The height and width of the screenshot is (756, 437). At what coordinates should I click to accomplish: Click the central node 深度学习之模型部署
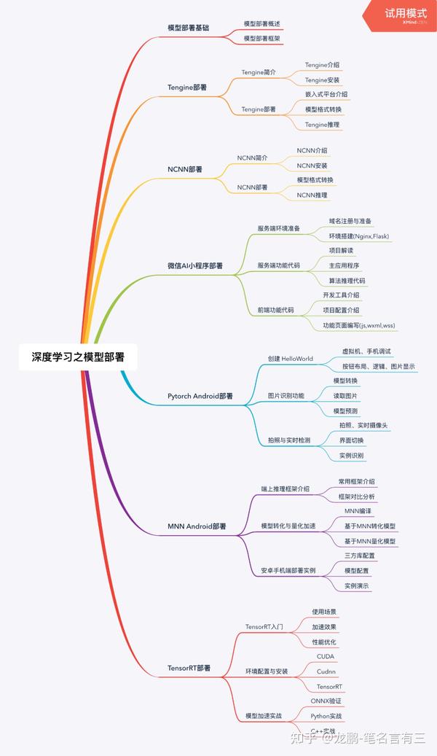[78, 357]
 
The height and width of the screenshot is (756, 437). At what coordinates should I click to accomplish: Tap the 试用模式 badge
[406, 15]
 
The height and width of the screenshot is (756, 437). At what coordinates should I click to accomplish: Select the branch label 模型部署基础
[188, 28]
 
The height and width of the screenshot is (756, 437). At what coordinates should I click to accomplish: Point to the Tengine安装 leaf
[322, 79]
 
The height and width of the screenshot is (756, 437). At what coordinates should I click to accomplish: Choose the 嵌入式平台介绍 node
[326, 94]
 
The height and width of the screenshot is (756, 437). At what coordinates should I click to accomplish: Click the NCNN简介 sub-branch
[253, 157]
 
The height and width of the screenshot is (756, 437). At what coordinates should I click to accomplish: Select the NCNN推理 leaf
[312, 195]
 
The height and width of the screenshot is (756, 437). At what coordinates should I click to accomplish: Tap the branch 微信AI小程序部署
[195, 266]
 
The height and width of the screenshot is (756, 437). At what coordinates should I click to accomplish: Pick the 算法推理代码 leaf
[347, 281]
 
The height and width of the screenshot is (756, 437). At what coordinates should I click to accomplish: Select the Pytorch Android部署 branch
[200, 396]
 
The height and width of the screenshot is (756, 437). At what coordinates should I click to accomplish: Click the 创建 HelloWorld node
[290, 359]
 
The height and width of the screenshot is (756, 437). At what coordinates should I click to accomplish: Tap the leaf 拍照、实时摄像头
[363, 425]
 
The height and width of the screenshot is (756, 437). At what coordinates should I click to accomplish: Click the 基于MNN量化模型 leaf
[370, 541]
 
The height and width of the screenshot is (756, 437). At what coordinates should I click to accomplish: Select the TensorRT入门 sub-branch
[264, 626]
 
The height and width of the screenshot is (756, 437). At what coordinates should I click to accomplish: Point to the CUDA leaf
[326, 656]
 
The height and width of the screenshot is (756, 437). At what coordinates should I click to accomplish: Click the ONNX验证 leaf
[326, 701]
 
